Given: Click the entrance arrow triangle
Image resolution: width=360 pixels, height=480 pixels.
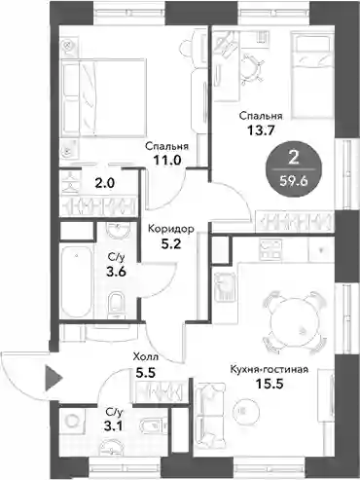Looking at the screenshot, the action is (53, 378).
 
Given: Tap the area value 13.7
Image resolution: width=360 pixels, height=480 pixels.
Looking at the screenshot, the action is (261, 130).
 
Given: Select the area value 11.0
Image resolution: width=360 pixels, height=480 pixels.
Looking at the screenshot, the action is (167, 160).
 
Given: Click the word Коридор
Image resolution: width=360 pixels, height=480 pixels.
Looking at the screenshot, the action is (171, 229).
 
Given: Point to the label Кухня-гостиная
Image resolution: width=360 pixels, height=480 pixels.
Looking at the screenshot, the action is (269, 369).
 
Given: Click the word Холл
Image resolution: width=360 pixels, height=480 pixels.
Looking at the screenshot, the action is (146, 357).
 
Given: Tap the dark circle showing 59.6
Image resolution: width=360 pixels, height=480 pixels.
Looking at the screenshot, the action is (294, 170).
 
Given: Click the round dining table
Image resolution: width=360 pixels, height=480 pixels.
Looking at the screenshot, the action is (295, 321).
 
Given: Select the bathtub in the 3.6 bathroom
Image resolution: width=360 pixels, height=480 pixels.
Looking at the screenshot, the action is (77, 281).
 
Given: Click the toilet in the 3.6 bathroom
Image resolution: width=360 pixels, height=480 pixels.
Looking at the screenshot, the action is (117, 305).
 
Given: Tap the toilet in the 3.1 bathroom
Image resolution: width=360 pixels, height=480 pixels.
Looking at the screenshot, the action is (154, 425).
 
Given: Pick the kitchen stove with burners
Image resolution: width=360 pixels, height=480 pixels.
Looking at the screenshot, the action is (271, 249).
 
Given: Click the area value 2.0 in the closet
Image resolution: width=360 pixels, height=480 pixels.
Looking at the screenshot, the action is (104, 184).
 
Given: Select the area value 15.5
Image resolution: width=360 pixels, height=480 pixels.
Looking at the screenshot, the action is (270, 385).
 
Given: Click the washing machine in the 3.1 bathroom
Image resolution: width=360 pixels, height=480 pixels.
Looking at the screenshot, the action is (73, 422).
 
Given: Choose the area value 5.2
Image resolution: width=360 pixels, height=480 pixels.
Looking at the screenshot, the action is (171, 243).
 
